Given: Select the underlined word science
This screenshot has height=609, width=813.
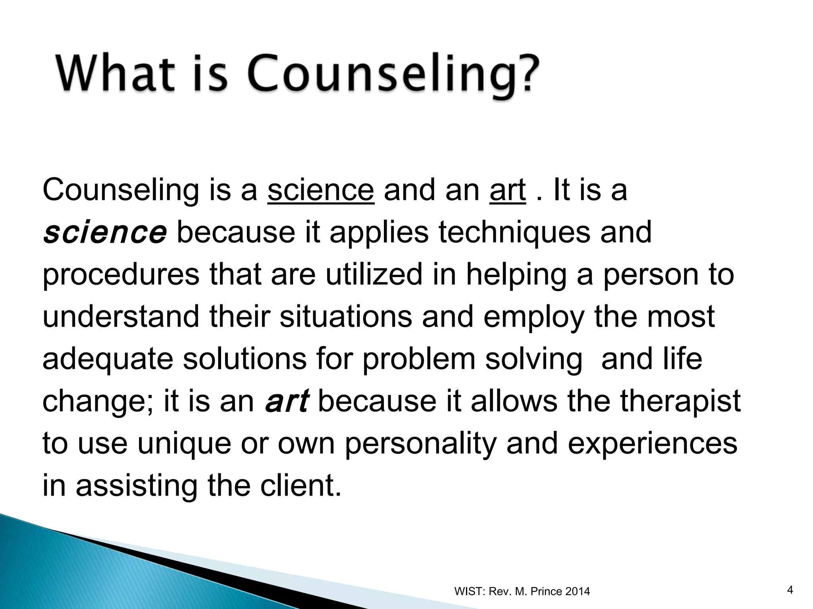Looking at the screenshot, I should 321,190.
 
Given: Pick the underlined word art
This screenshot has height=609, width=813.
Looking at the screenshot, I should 508,190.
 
